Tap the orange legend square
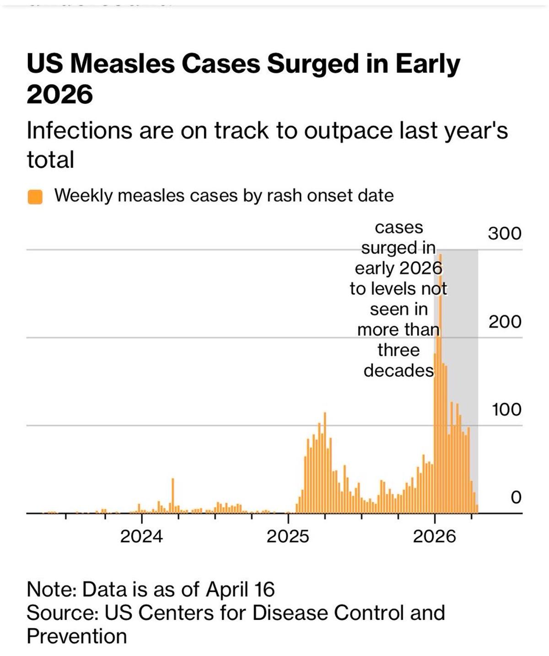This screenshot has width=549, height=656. (35, 197)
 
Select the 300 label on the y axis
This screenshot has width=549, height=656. (504, 233)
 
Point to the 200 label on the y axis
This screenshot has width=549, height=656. (504, 322)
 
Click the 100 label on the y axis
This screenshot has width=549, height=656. (506, 409)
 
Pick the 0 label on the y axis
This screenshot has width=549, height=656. (515, 497)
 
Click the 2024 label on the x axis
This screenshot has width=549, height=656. (141, 536)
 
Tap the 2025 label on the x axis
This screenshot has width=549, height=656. (288, 536)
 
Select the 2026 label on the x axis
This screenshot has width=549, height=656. (434, 536)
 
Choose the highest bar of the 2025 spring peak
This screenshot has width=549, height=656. (325, 462)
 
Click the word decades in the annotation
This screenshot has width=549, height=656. (398, 371)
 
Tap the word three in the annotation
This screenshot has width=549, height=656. (398, 350)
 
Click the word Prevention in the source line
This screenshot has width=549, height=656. (77, 636)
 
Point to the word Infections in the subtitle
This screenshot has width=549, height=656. (79, 130)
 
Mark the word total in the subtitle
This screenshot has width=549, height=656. (50, 160)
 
